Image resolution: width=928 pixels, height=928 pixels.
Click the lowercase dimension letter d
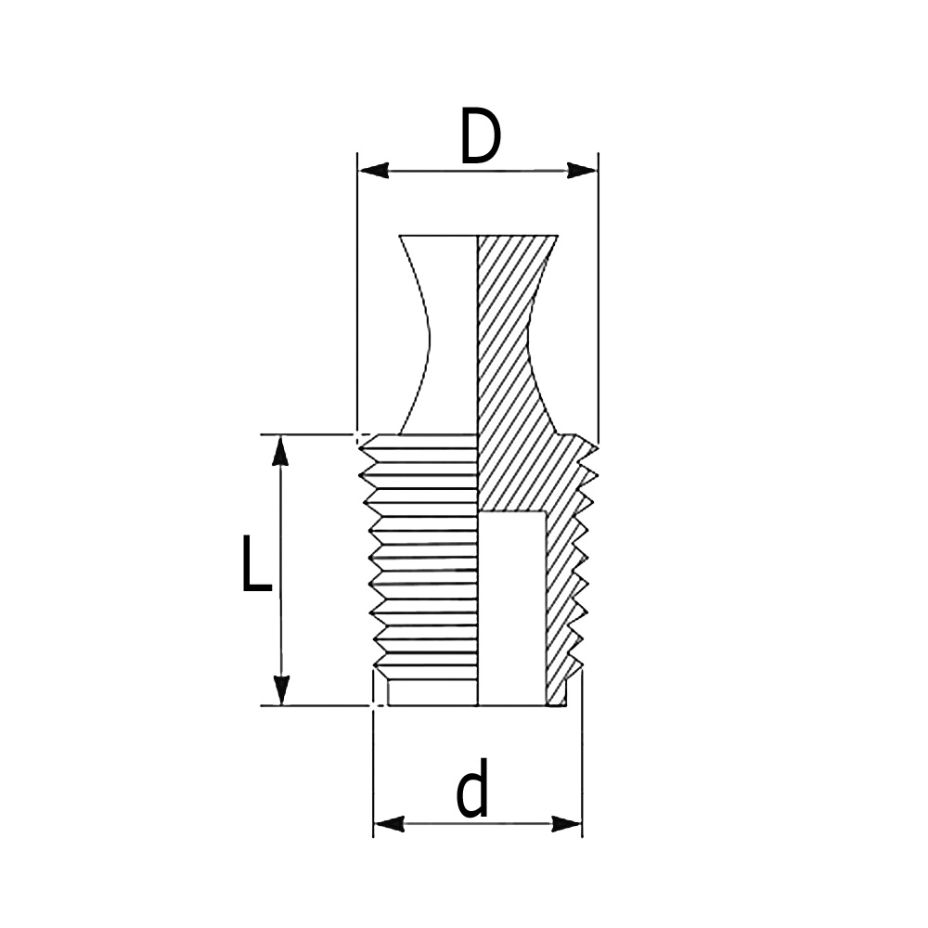click(473, 791)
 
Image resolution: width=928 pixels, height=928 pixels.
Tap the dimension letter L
click(255, 563)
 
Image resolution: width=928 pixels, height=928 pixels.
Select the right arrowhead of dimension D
click(582, 171)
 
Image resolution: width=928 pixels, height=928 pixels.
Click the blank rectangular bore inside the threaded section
click(511, 608)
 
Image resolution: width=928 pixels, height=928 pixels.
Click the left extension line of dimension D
click(358, 297)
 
